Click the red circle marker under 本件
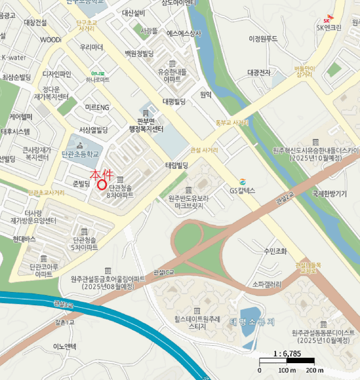pyautogui.click(x=102, y=183)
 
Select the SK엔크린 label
pyautogui.click(x=329, y=28)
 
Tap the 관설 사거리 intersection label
pyautogui.click(x=204, y=149)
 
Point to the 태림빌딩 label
pyautogui.click(x=176, y=165)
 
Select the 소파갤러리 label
pyautogui.click(x=267, y=284)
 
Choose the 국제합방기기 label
pyautogui.click(x=330, y=193)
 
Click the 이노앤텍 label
pyautogui.click(x=65, y=346)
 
